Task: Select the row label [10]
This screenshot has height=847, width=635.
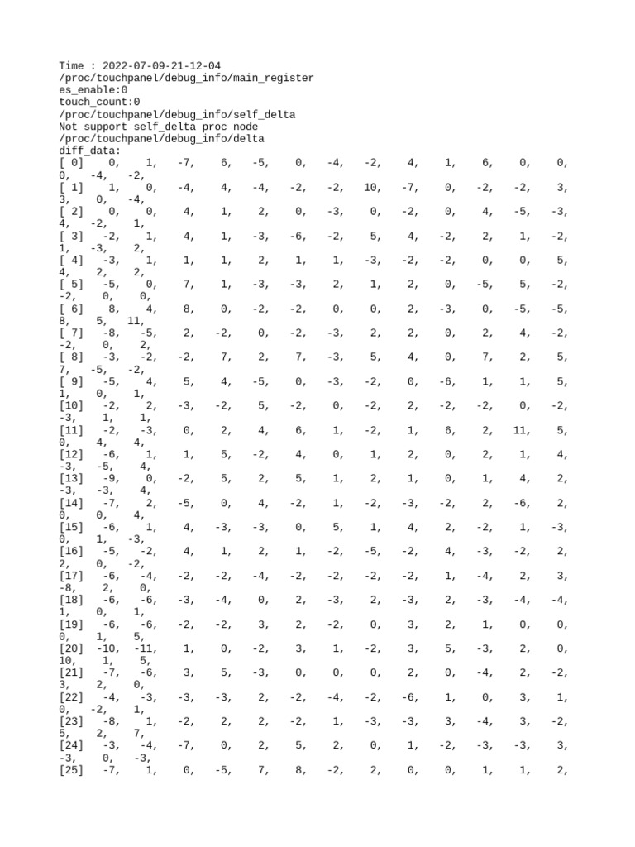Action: (71, 406)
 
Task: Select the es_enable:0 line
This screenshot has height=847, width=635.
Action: (93, 91)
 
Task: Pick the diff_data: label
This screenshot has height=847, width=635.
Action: (90, 151)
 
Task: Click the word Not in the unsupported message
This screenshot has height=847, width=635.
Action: (69, 127)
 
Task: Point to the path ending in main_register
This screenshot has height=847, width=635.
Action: (187, 79)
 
